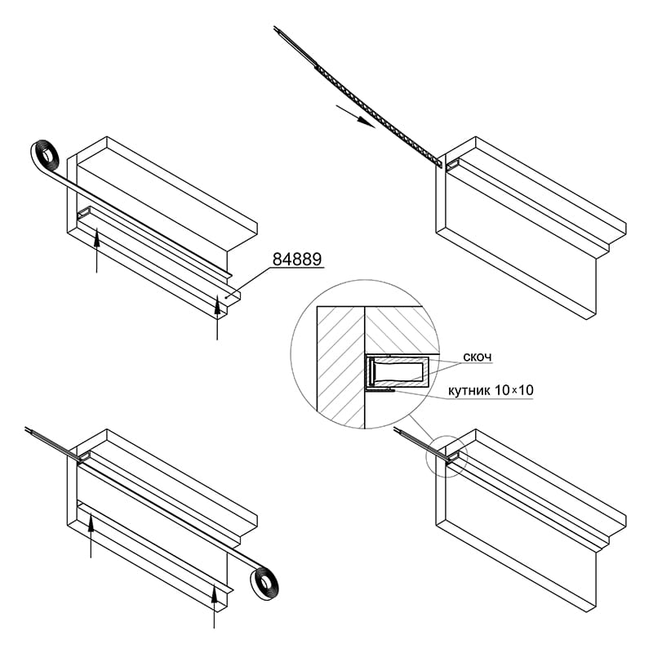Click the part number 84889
click(x=297, y=259)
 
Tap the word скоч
click(x=478, y=357)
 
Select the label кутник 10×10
click(x=491, y=390)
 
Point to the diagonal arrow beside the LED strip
click(x=356, y=116)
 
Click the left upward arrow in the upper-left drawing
click(x=96, y=250)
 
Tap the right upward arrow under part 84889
click(x=217, y=317)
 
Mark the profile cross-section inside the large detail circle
click(x=398, y=372)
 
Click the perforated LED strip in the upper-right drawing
click(x=378, y=116)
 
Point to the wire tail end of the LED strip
click(x=294, y=45)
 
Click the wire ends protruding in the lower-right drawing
click(x=421, y=444)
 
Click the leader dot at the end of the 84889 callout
click(x=226, y=297)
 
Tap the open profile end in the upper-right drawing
click(x=452, y=166)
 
